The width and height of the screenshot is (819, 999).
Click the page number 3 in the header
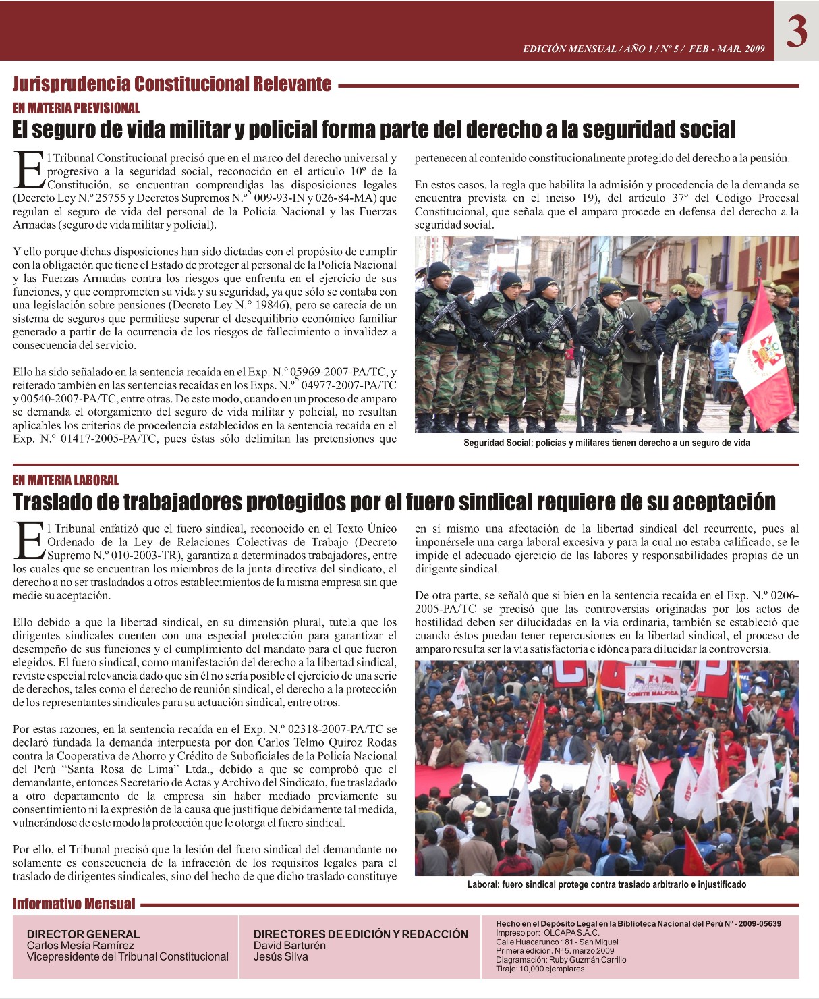coord(796,31)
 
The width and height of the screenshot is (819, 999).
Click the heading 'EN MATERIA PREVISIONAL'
coord(76,108)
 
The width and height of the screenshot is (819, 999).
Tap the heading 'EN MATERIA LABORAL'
coord(65,481)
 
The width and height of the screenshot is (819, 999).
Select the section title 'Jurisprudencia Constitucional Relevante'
coord(172,84)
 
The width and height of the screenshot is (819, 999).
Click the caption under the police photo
coord(606,443)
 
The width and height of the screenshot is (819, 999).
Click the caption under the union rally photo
coord(606,884)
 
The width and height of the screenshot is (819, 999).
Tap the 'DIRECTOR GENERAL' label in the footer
coord(83,934)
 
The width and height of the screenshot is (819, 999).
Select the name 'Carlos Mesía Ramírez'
coord(80,945)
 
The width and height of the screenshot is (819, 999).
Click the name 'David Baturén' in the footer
coord(289,945)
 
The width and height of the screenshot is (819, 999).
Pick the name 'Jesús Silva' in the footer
coord(281,956)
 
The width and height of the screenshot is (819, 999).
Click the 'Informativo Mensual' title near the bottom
coord(74,904)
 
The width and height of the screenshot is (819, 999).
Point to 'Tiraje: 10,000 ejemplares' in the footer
coord(540,969)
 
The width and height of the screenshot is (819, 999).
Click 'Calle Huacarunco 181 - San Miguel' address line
coord(557,942)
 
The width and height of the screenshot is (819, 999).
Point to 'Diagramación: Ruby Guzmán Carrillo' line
coord(561,959)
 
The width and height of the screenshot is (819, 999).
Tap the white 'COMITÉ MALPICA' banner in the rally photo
coord(652,685)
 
